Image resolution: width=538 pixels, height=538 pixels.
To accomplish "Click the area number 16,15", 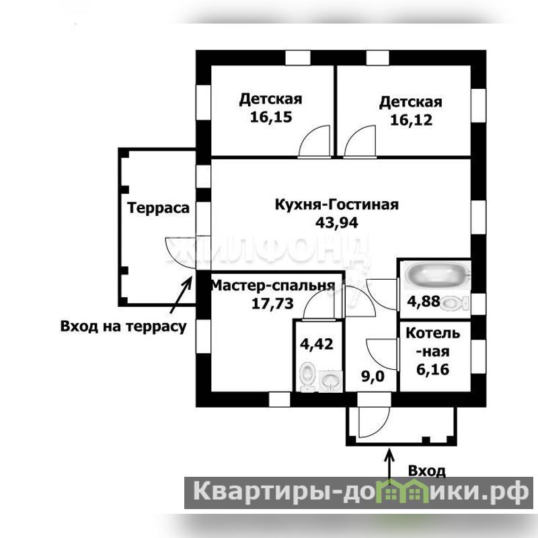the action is [271, 117].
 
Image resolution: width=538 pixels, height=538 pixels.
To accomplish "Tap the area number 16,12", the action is [412, 120].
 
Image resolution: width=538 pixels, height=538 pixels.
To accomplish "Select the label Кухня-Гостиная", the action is [337, 205].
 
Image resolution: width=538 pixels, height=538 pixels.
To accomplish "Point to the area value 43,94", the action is [337, 223].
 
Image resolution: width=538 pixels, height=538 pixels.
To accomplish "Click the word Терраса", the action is [158, 208].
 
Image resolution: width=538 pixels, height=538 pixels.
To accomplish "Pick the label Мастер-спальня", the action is [273, 285].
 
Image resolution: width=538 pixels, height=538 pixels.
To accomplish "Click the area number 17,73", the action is [273, 304].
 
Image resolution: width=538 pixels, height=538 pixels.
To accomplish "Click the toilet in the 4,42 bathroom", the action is [307, 377].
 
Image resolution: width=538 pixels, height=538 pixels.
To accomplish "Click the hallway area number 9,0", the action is [373, 377].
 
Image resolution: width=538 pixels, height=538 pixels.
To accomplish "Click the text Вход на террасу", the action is [124, 326].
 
